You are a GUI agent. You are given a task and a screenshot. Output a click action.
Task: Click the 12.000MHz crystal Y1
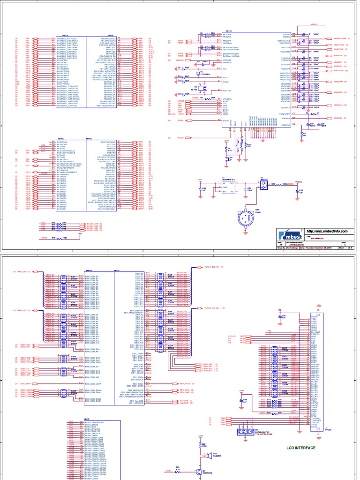tap(197, 72)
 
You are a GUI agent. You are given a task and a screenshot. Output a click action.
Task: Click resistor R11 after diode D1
tap(273, 184)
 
